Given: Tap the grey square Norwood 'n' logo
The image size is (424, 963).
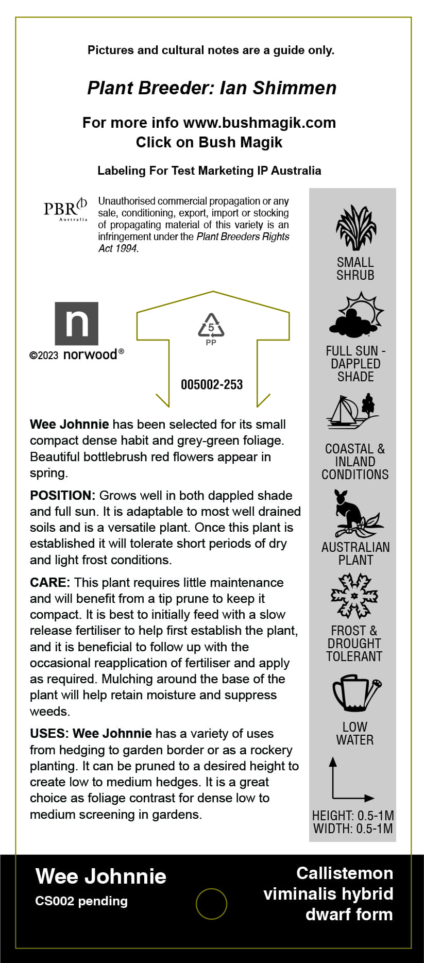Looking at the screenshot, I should pos(77,324).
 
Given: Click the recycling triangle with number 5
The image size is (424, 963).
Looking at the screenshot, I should pos(211,326).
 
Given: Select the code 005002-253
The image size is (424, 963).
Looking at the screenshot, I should pos(212,384).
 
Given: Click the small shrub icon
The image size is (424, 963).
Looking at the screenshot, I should pos(355,228).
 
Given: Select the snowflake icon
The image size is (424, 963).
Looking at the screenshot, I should pos(354,596).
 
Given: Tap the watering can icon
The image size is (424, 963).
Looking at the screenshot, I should pos(356,692).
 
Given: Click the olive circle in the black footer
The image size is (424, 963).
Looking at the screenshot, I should pos(211,904).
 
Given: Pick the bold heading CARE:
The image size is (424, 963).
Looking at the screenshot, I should pos(50,583).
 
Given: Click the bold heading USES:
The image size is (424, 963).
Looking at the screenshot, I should pos(49,734).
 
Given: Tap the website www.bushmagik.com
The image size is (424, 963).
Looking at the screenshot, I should pos(259,123).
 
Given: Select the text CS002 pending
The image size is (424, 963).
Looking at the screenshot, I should pos(81,901).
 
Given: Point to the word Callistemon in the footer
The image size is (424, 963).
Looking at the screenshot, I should pos(345,873).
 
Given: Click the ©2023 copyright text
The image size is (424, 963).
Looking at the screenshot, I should pos(44,356).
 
